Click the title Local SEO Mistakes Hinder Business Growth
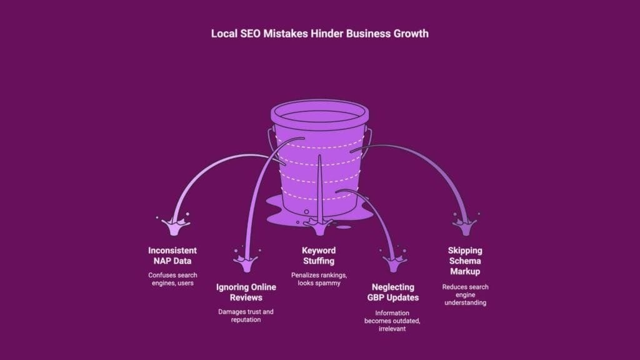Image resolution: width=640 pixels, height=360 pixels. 320,34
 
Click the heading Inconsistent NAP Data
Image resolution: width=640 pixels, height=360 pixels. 172,256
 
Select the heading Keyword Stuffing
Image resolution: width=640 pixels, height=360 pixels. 319,256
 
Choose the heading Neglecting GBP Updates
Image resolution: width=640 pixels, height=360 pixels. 392,292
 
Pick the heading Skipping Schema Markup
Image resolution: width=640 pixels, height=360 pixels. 465,261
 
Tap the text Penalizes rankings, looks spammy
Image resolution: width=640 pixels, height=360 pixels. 319,278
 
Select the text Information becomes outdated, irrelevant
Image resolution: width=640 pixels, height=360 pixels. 392,320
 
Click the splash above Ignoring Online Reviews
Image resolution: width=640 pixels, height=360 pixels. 246,259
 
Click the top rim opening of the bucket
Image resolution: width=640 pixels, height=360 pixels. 319,113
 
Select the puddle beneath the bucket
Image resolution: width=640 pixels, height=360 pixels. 350,216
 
